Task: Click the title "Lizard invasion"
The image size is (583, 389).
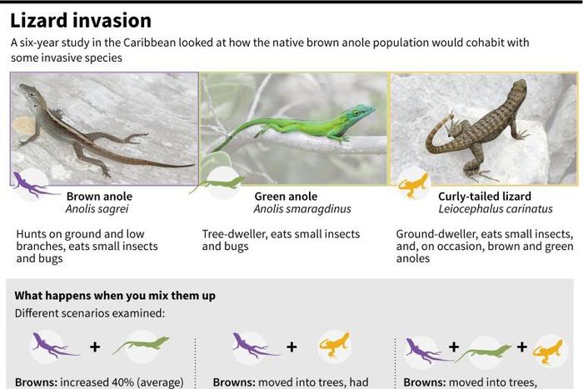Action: click(81, 20)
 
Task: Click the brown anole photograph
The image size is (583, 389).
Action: click(104, 127)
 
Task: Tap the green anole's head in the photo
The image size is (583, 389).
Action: click(361, 112)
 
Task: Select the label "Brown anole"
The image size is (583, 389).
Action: click(99, 197)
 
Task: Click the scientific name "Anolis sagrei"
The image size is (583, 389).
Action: click(99, 210)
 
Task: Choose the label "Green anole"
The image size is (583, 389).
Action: click(286, 197)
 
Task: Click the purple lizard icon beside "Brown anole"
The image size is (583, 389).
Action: click(32, 185)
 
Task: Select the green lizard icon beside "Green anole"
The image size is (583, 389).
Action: click(220, 182)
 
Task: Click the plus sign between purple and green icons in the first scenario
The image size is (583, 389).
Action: click(96, 346)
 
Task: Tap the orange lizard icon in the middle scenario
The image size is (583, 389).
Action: click(333, 345)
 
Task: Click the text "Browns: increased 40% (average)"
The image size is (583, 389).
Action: click(98, 382)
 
